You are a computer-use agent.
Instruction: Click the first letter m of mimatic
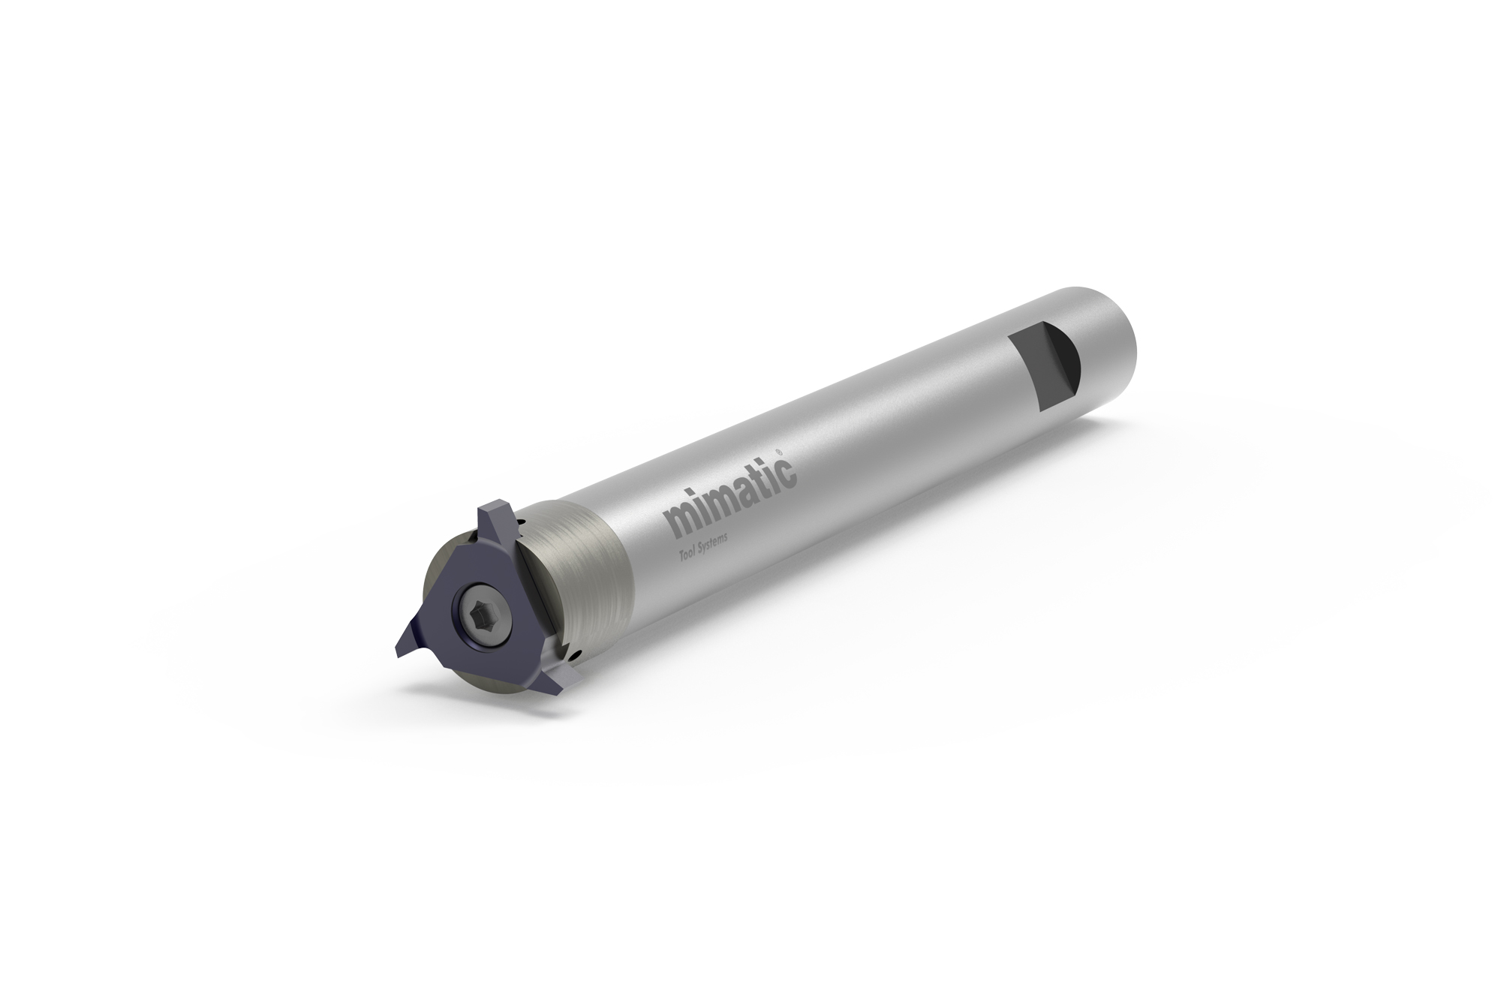click(x=678, y=524)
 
